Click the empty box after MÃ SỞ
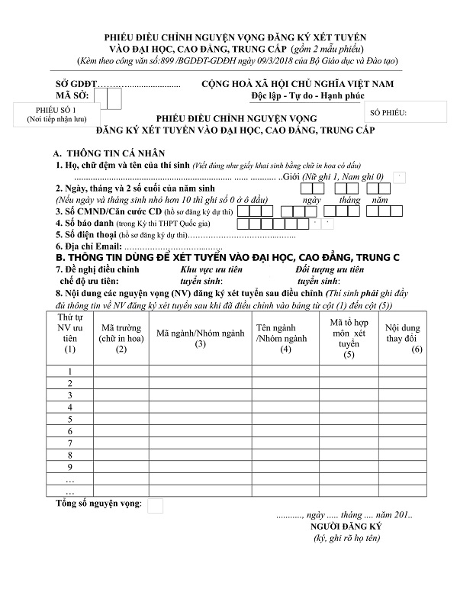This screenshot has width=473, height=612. [114, 98]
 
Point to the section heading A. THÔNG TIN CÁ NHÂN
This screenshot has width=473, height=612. [111, 153]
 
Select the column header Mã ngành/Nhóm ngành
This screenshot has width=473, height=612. [201, 338]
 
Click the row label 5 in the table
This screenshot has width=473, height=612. [70, 419]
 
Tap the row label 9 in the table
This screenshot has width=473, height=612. [70, 466]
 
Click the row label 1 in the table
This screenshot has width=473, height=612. [70, 372]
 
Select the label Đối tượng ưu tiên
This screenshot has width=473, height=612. [330, 269]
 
